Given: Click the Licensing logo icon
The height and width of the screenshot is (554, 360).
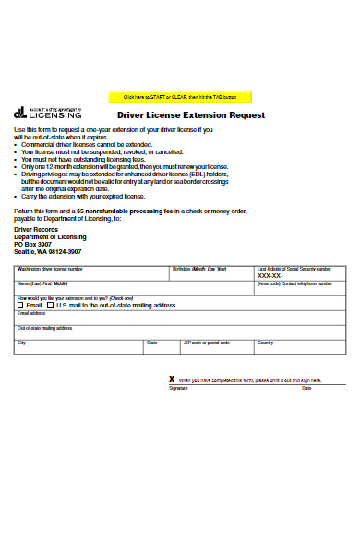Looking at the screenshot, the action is click(20, 113).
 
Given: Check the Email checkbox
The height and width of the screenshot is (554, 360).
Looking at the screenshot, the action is click(21, 305).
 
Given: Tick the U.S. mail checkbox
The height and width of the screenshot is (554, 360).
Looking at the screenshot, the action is click(52, 305).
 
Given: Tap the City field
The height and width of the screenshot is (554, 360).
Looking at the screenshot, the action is click(78, 349).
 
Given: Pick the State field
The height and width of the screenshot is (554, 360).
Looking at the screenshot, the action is click(162, 349).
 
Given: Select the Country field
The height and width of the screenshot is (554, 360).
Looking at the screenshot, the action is click(300, 349).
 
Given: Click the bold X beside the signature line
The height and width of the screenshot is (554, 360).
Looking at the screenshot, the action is click(172, 379).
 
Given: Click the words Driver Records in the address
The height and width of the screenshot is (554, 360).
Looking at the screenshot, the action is click(37, 230).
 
